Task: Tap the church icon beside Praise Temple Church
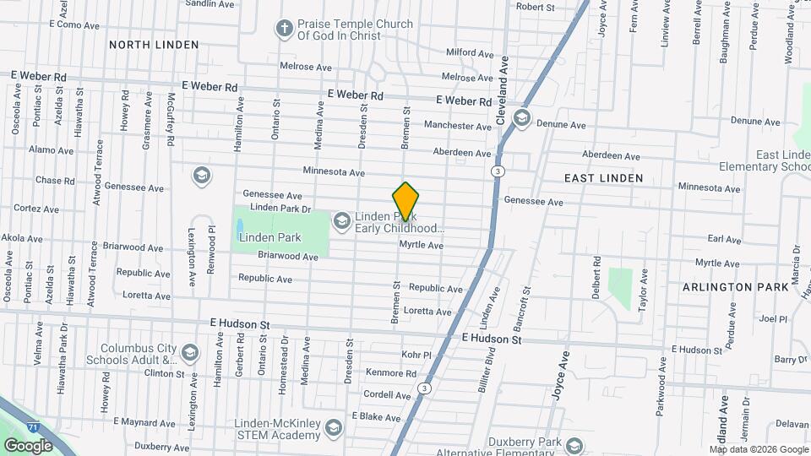click(285, 30)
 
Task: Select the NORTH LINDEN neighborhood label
click(154, 44)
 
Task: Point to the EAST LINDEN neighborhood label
click(603, 178)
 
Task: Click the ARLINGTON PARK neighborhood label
click(736, 287)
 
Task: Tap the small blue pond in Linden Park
click(240, 226)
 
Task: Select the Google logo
click(28, 445)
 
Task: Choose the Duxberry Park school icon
click(574, 446)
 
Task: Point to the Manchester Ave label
click(457, 126)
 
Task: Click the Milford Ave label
click(469, 52)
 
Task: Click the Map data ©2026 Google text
click(758, 448)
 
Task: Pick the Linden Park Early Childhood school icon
click(341, 221)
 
